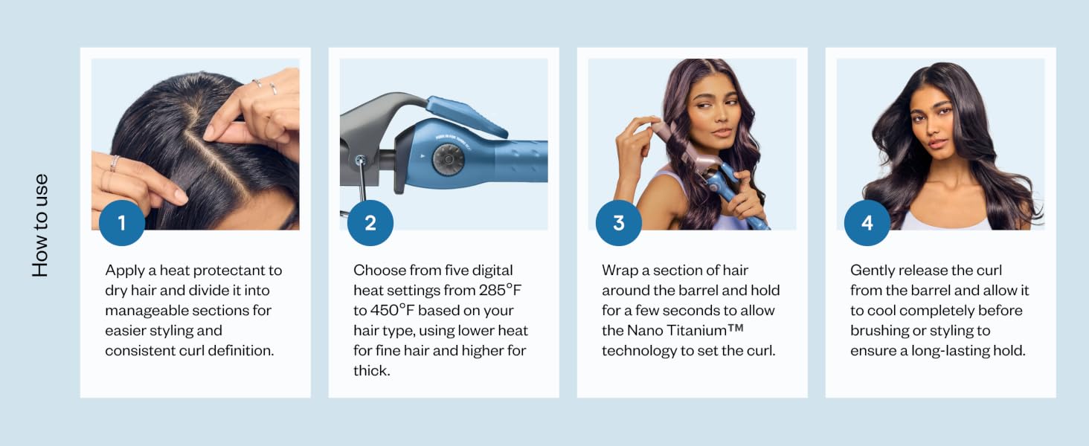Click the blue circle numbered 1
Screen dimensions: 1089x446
[121, 223]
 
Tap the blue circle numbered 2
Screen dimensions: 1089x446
[370, 223]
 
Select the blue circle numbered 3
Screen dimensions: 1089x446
[618, 223]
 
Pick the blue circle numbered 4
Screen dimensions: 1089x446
[867, 223]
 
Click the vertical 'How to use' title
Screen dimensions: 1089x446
[40, 225]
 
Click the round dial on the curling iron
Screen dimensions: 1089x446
[449, 159]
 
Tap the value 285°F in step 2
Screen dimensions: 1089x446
[500, 290]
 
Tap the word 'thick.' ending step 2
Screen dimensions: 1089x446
[371, 371]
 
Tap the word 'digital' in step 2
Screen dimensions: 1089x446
[492, 271]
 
